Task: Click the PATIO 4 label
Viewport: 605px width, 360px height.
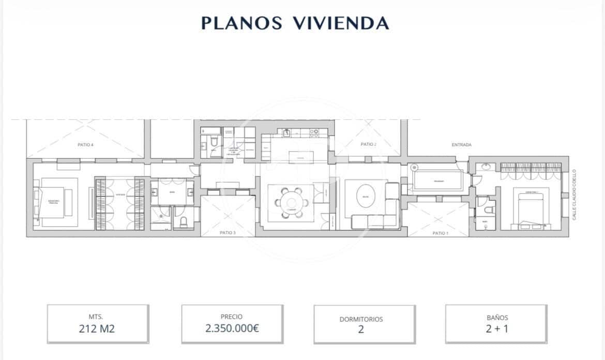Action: pos(85,145)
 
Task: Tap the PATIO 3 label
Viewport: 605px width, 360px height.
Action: pos(228,233)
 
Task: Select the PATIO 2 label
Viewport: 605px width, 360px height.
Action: pos(368,144)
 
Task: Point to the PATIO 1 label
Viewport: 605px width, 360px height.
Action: pos(441,233)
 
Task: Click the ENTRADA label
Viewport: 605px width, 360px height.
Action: pos(461,145)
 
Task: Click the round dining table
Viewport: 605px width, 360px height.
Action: pos(292,202)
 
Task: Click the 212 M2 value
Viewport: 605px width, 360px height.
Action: pos(97,328)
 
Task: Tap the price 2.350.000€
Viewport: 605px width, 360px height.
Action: pos(232,328)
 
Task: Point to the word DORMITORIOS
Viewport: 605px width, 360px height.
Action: pos(361,319)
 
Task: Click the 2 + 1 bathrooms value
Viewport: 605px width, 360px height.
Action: pos(496,328)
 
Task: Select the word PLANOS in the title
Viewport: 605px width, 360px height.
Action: pos(241,23)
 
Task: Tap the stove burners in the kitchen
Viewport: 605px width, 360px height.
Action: pos(314,133)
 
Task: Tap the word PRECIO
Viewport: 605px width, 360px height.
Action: pos(232,317)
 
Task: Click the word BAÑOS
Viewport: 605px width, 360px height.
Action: pos(497,318)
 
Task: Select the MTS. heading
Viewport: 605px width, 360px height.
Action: pos(97,317)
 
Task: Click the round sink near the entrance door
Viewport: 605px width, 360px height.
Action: pos(486,167)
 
